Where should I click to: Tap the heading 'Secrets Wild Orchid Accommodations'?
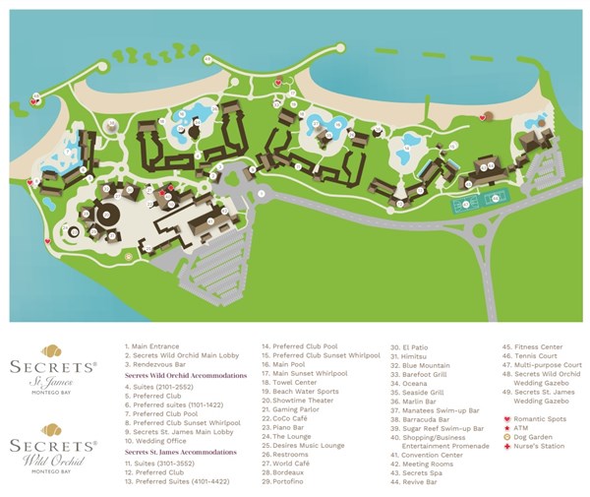point(185,375)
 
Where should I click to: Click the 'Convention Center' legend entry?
point(433,456)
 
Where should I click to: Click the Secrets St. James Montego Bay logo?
point(66,367)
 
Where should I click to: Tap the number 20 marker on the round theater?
point(105,214)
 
